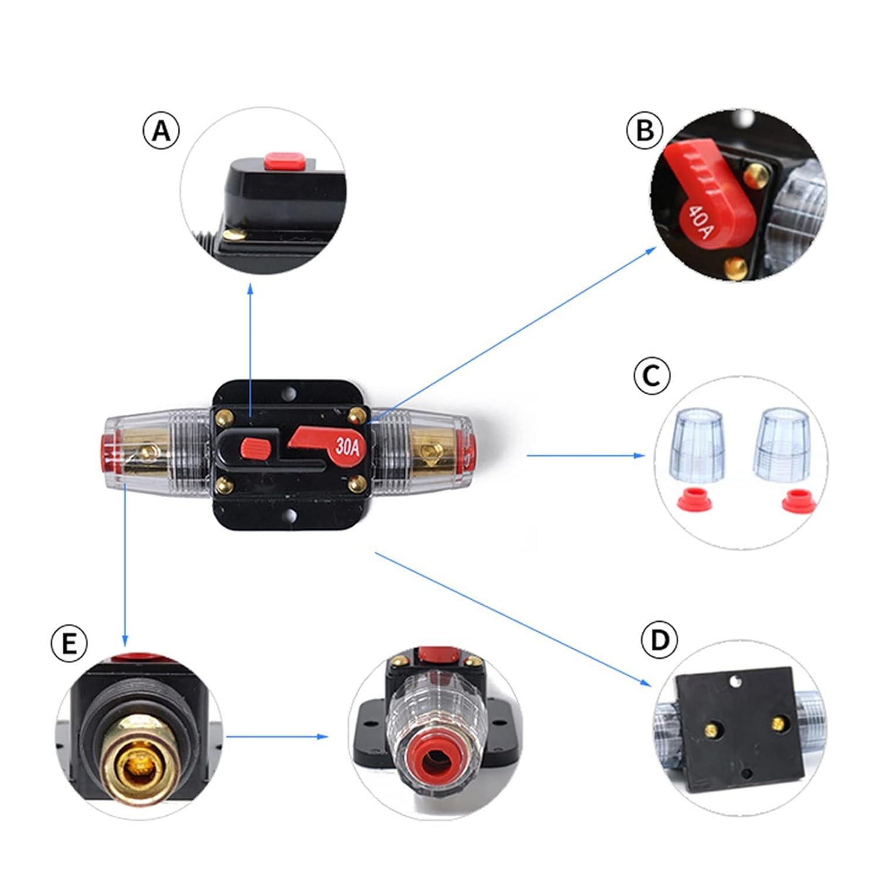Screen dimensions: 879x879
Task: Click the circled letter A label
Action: [x=162, y=130]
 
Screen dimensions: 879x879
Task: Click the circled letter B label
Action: [x=645, y=130]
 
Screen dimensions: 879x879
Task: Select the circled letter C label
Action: [x=652, y=376]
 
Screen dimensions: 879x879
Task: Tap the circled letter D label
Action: [x=660, y=640]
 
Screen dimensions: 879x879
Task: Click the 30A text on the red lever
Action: [x=347, y=447]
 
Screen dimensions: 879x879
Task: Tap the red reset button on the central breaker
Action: [x=255, y=449]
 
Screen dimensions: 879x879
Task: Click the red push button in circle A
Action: [x=284, y=159]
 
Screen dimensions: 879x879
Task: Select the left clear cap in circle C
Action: [x=696, y=445]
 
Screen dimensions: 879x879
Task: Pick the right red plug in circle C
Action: [x=799, y=501]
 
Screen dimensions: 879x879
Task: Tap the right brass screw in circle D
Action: [x=779, y=724]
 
